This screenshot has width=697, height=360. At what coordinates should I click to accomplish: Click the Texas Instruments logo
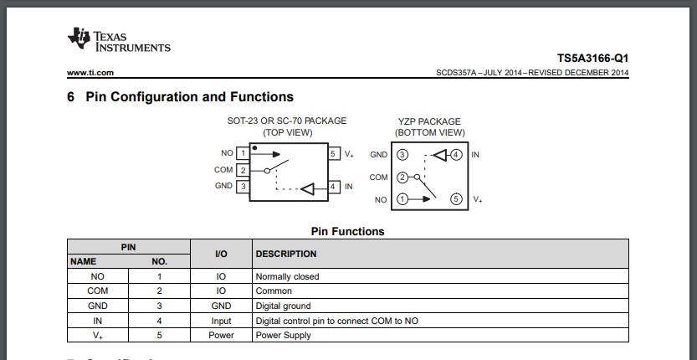click(119, 39)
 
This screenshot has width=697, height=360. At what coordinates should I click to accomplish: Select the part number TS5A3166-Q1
click(593, 59)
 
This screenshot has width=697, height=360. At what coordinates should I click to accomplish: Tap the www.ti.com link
click(90, 73)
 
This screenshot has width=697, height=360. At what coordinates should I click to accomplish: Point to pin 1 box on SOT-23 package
click(243, 154)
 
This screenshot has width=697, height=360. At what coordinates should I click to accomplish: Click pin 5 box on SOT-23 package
click(334, 154)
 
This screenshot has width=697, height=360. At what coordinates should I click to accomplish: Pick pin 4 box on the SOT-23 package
click(334, 187)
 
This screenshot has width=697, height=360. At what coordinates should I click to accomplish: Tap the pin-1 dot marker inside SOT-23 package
click(254, 147)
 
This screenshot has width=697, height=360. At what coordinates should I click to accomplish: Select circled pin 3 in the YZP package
click(402, 155)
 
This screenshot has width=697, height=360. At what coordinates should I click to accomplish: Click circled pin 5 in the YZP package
click(456, 199)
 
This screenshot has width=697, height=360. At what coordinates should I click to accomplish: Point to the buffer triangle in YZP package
click(439, 156)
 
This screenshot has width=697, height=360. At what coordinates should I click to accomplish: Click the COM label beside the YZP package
click(379, 177)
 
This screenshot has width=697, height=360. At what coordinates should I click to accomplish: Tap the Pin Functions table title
click(347, 231)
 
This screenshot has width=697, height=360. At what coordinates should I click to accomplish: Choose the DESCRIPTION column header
click(286, 254)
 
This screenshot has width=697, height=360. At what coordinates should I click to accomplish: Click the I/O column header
click(221, 254)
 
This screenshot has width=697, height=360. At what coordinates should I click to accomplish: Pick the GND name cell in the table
click(97, 306)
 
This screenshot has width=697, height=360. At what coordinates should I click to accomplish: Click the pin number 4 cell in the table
click(159, 321)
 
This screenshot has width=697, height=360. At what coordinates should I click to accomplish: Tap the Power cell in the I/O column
click(221, 335)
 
